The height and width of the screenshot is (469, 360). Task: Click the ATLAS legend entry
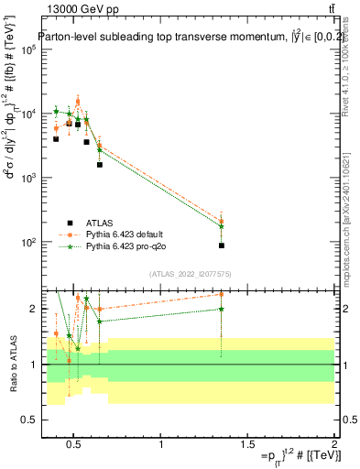click(101, 223)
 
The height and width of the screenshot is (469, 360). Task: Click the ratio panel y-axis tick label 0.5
click(30, 420)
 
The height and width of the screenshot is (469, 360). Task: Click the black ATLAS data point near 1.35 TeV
click(222, 245)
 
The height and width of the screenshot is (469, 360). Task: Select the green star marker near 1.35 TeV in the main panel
click(222, 226)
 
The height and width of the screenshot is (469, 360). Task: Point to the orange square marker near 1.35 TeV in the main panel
click(222, 221)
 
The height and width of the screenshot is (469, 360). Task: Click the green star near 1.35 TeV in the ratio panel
click(222, 309)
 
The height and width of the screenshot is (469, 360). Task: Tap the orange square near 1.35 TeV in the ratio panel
click(222, 294)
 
